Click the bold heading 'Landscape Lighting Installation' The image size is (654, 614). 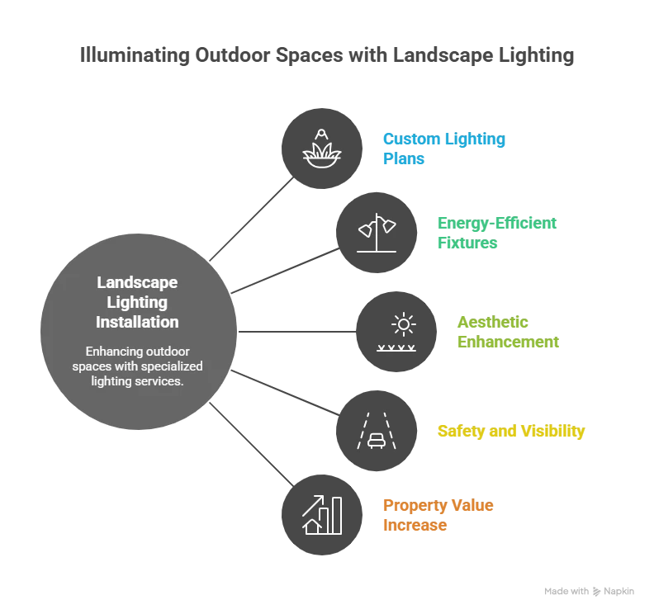pos(137,302)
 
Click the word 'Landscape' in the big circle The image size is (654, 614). pos(137,282)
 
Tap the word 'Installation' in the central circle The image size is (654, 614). pos(137,322)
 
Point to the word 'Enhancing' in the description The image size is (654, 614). pos(113,352)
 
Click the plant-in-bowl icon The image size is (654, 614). pos(322,148)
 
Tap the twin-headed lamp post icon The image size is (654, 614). pos(376,234)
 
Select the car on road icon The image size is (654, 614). pos(376,432)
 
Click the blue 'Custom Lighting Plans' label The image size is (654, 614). pos(444,148)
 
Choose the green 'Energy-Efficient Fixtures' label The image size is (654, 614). pos(498,234)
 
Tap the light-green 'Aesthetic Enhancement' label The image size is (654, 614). pos(508,333)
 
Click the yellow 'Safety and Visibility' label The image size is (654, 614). pos(511,432)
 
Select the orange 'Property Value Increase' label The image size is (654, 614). pos(438,516)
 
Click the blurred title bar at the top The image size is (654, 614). pos(326,56)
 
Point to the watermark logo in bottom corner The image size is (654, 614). pos(588,591)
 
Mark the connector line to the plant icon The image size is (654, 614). pos(252,221)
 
